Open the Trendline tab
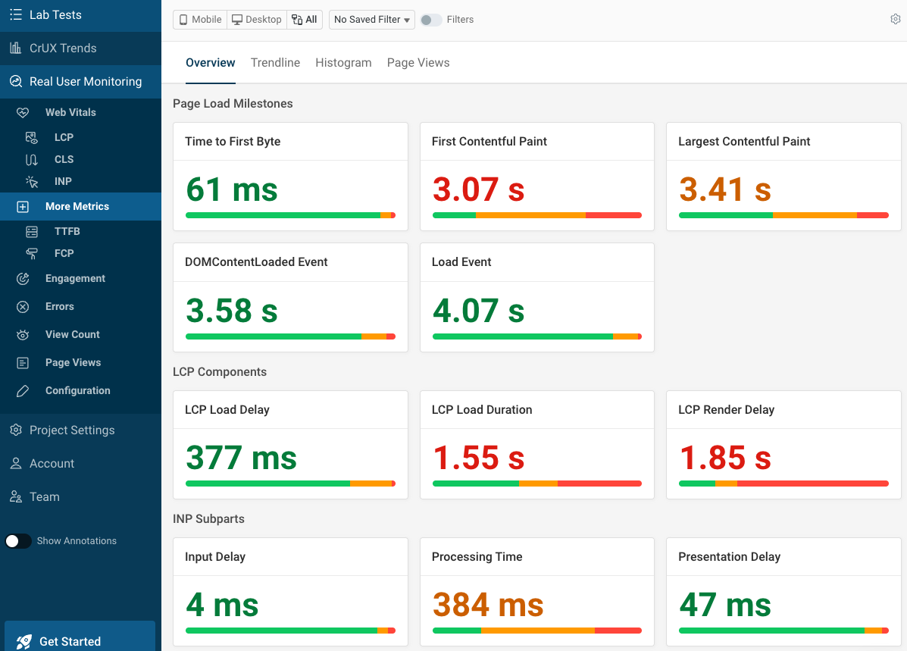[275, 63]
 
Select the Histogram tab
[343, 63]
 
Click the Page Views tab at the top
[418, 63]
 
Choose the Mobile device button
[200, 20]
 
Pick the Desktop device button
[257, 20]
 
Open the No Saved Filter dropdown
[372, 20]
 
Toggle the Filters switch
[431, 20]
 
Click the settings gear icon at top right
[895, 20]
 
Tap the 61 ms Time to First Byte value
[232, 189]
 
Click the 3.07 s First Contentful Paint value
[478, 189]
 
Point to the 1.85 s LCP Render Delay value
[725, 458]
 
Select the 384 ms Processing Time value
[488, 605]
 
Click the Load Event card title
[461, 262]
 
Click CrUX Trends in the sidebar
[63, 49]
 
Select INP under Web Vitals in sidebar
[63, 181]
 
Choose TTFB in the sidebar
[67, 231]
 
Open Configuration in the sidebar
[77, 390]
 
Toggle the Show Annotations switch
[18, 541]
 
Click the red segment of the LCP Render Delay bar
[811, 484]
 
